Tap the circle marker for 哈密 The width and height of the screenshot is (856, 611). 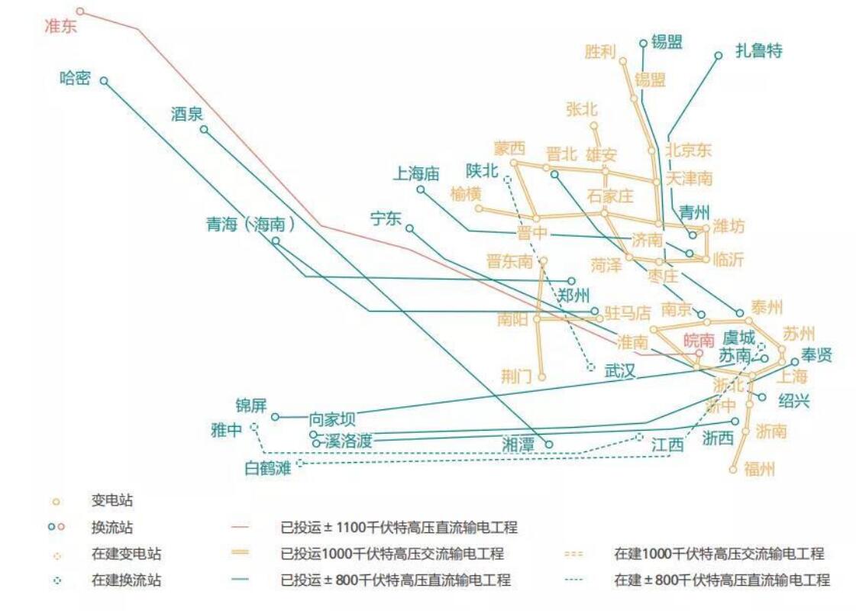click(x=104, y=80)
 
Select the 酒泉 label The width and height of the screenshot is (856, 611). click(x=187, y=115)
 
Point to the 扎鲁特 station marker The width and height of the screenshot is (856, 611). click(x=718, y=55)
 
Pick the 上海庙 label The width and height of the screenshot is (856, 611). click(x=416, y=174)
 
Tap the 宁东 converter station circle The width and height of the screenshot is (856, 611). click(x=409, y=228)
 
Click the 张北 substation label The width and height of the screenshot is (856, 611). click(x=582, y=109)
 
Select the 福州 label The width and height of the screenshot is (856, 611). click(x=759, y=469)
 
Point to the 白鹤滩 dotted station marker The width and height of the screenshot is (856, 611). click(x=299, y=463)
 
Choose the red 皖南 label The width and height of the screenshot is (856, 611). click(x=699, y=340)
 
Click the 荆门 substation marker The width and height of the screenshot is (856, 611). click(x=541, y=377)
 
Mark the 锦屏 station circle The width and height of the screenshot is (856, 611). click(x=276, y=417)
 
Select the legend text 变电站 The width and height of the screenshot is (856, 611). click(x=112, y=502)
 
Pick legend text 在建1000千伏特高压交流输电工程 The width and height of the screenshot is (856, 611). click(x=719, y=554)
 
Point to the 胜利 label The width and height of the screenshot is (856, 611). click(x=600, y=52)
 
